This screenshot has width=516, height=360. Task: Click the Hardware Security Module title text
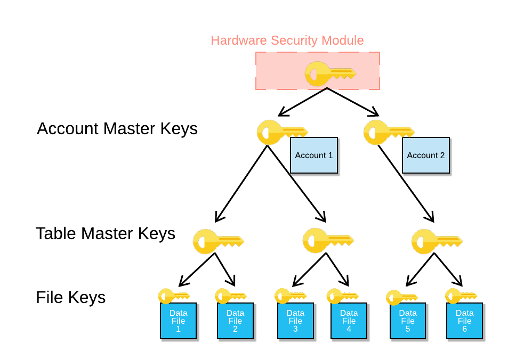pyautogui.click(x=287, y=40)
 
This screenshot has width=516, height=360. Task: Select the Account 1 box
pyautogui.click(x=314, y=156)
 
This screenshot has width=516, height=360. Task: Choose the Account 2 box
pyautogui.click(x=425, y=156)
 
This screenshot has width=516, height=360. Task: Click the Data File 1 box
pyautogui.click(x=178, y=321)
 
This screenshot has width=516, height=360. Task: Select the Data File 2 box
pyautogui.click(x=235, y=321)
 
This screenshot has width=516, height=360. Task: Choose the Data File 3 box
pyautogui.click(x=295, y=321)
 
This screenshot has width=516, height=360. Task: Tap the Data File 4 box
pyautogui.click(x=349, y=321)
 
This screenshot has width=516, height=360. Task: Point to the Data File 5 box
pyautogui.click(x=408, y=321)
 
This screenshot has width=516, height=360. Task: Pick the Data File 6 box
pyautogui.click(x=464, y=321)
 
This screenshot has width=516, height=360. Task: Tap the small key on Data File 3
pyautogui.click(x=290, y=296)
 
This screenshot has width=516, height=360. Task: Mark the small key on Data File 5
pyautogui.click(x=401, y=298)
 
